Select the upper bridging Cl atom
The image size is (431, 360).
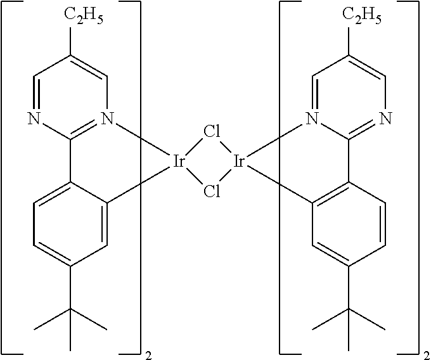(211, 134)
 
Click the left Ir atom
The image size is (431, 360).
(179, 162)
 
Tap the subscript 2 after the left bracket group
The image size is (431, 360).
(147, 352)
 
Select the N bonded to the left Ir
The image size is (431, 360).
(107, 117)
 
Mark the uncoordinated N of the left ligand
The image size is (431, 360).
(32, 117)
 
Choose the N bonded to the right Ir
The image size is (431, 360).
(311, 117)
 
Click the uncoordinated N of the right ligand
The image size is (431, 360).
(386, 117)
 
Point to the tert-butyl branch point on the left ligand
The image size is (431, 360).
(70, 310)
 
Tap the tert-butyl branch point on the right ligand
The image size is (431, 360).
(349, 310)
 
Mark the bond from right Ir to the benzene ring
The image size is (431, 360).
(279, 184)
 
